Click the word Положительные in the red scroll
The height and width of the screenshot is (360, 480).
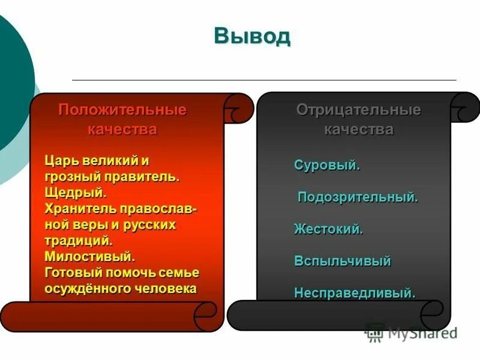point(122,110)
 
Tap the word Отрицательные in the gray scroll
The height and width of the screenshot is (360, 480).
point(358,110)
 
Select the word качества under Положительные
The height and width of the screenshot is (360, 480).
point(122,129)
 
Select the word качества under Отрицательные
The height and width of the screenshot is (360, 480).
point(358,129)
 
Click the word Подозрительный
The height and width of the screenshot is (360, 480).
point(358,197)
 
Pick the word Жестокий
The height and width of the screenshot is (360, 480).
point(328,229)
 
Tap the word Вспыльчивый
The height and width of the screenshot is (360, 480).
point(343,261)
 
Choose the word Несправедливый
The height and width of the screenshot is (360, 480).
point(355,293)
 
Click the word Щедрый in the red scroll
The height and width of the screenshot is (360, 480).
point(76,193)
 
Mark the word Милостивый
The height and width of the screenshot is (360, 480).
point(89,257)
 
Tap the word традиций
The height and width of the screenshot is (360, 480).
point(78,241)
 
